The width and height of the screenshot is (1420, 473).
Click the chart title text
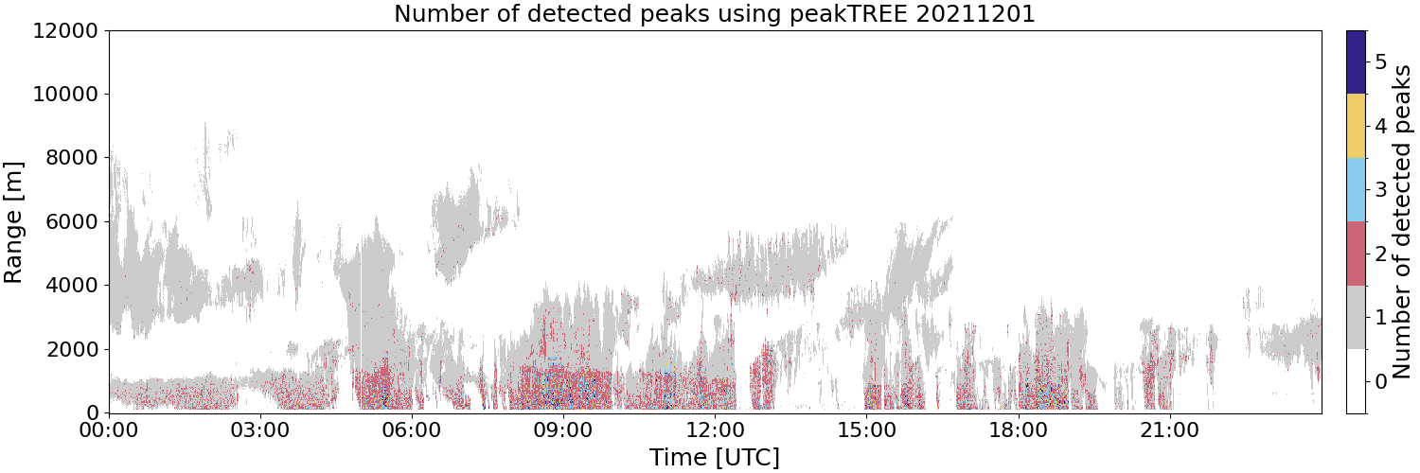[x=715, y=14]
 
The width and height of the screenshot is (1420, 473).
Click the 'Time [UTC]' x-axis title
[x=715, y=457]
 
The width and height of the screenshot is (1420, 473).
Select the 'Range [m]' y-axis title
[x=12, y=222]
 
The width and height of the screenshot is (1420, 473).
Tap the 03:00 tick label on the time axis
[x=260, y=430]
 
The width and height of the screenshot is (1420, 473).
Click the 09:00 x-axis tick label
[x=563, y=430]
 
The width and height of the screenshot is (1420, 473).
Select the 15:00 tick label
[x=866, y=430]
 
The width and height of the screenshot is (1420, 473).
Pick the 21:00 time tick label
[x=1169, y=430]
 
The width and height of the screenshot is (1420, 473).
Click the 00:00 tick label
[x=109, y=430]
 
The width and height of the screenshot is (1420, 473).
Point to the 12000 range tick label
[x=65, y=30]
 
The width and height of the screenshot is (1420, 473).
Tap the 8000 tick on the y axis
[x=72, y=158]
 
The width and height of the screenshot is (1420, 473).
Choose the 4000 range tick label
[x=72, y=286]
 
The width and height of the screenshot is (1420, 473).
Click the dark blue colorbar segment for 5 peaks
[x=1356, y=62]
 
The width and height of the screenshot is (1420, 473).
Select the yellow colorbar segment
[x=1356, y=126]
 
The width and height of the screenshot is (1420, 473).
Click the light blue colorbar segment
[x=1356, y=190]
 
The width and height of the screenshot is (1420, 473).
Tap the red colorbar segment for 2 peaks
[x=1356, y=254]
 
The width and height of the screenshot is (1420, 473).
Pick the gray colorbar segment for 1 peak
[x=1356, y=317]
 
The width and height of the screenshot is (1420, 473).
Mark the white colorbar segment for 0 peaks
[x=1356, y=381]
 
